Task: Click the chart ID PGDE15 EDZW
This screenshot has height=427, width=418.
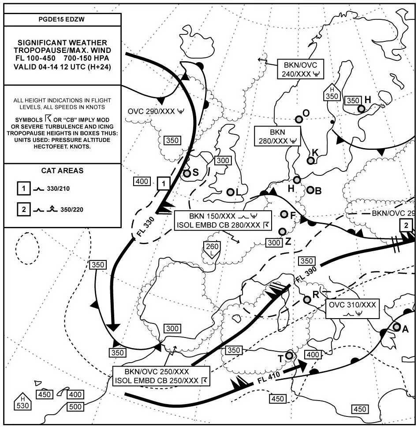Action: pos(62,20)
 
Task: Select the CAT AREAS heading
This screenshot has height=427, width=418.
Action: pos(62,171)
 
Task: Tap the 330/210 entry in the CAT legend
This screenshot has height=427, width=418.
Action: pos(58,189)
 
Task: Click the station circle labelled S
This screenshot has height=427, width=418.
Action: pos(187,174)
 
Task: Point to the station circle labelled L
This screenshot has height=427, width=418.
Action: pos(230,192)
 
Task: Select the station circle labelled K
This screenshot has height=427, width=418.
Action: pos(310,160)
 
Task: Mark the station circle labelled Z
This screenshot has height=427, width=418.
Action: pos(282,231)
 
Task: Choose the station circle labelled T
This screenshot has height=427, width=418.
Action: pos(289,355)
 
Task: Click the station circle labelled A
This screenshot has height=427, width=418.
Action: pos(396,327)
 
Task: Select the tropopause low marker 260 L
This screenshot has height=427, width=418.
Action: pos(212,250)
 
